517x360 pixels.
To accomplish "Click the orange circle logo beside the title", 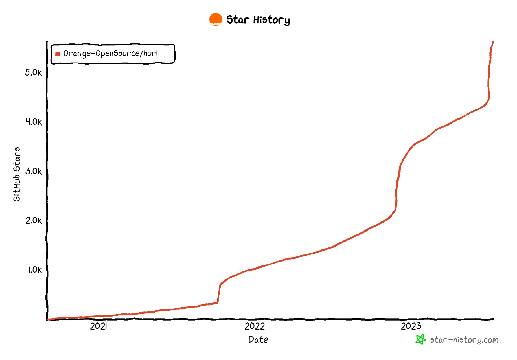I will coord(216,19).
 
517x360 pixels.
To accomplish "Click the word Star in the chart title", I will coord(238,20).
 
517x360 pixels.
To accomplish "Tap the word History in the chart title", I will coord(271,20).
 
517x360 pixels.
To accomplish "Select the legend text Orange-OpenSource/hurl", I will coord(110,53).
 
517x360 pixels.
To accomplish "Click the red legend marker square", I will coord(58,54).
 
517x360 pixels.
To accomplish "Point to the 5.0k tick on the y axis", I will coord(33,73).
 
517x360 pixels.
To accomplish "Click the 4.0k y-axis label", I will coord(34,122).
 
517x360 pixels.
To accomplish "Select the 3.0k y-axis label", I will coord(34,171).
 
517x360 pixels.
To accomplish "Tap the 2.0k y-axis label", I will coord(34,220).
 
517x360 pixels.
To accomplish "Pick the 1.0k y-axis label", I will coord(35,270).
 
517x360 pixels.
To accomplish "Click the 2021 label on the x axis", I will coord(98,326).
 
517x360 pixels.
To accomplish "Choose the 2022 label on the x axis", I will coord(255,326).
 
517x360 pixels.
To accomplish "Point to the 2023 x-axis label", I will coord(411,326).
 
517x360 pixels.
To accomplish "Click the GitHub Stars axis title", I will coord(17,174).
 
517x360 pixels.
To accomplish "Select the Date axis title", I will coord(258,339).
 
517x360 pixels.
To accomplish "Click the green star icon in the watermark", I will coord(420,339).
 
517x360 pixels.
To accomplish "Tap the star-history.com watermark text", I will coord(464,340).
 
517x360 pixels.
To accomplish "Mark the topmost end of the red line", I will coord(493,42).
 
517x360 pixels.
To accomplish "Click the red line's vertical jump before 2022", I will coord(219,293).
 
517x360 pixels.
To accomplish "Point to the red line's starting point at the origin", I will coord(47,320).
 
